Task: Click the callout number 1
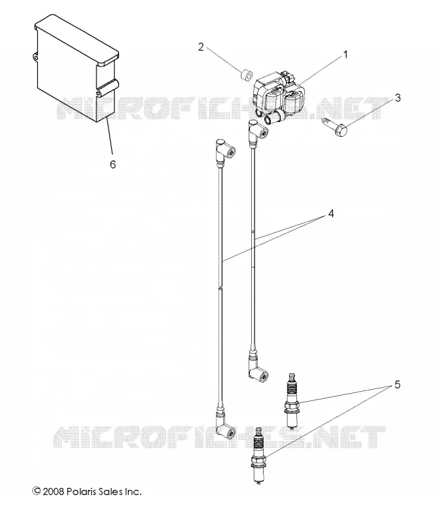click(345, 54)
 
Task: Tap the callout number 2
click(201, 47)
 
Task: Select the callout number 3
click(398, 98)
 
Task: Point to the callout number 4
click(330, 214)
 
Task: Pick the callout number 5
click(397, 384)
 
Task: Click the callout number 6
click(113, 164)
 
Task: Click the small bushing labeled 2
click(247, 75)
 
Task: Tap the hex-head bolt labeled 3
click(335, 124)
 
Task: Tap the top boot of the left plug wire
click(224, 152)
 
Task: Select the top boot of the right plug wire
click(258, 132)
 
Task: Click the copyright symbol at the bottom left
click(37, 491)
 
